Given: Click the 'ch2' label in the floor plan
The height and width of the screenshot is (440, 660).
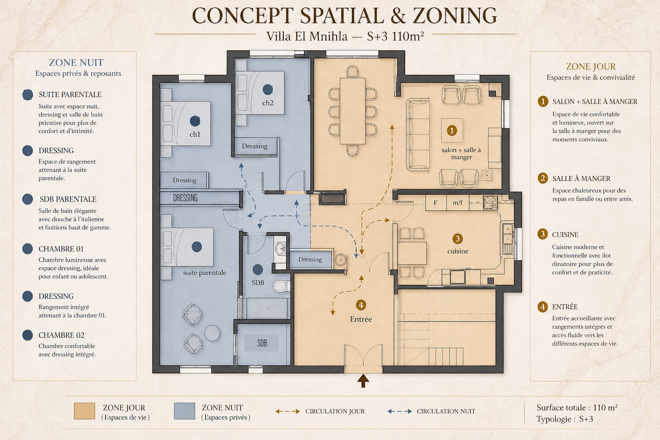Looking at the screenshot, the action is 268,103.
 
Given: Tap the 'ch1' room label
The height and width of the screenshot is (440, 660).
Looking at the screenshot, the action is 195,134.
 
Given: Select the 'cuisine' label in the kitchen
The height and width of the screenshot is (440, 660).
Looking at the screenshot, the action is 458,251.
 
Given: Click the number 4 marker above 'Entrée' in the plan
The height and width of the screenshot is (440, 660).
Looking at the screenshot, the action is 361,305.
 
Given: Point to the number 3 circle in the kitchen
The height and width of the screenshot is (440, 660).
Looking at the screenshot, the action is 458,239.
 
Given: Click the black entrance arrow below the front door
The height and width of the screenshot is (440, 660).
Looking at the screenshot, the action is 363,381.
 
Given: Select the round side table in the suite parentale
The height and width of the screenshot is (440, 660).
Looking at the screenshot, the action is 212,333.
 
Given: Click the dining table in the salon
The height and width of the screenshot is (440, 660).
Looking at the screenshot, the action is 352,111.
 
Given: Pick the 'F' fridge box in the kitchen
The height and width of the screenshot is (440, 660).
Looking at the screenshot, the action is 435,202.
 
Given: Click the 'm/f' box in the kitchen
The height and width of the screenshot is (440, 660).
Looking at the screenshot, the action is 458,202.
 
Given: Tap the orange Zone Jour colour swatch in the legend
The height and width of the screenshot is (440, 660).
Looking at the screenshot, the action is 85,411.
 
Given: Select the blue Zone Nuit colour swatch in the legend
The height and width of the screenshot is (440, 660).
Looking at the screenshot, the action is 184,411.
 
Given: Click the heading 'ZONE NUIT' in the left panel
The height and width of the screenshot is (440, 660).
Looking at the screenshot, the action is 76,62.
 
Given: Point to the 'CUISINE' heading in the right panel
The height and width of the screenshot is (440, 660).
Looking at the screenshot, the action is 565,235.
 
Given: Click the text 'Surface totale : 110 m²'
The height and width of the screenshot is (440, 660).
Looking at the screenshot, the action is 577,408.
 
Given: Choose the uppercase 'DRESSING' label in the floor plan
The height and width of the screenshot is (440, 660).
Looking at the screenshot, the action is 185,198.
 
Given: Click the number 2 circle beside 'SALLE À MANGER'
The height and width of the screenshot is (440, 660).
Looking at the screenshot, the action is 543,178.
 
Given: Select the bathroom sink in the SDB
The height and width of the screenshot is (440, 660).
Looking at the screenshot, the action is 280,248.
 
